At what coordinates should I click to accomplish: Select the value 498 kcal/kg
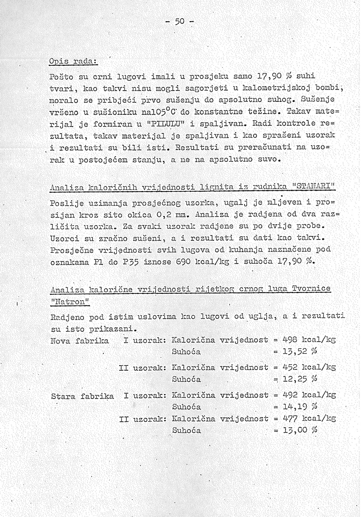point(309,339)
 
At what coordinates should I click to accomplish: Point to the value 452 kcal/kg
point(309,367)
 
